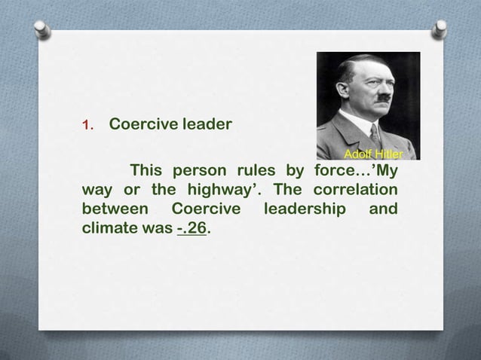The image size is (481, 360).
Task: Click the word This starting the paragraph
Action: [148, 169]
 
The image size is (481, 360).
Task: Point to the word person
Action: [201, 169]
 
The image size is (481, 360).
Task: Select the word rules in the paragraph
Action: [255, 169]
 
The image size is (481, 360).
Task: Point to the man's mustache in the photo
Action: [384, 97]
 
